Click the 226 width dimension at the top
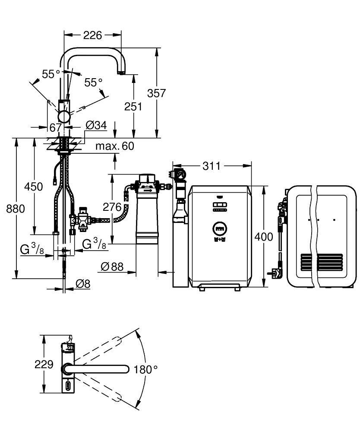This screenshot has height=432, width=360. (92, 35)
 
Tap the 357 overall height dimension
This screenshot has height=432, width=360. (156, 93)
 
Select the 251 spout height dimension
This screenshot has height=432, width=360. (133, 107)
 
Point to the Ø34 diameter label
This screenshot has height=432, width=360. (96, 125)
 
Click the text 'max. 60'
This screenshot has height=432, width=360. (115, 146)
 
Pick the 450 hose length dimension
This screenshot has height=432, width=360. (33, 187)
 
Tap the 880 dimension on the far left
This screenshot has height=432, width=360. (16, 209)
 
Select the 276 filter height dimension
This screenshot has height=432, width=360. (112, 207)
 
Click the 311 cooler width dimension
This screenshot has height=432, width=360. (212, 166)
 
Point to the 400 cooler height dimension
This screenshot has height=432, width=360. (264, 237)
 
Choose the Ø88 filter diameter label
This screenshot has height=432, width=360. (112, 267)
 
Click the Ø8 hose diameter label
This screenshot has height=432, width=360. (83, 284)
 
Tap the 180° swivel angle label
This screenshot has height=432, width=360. (145, 369)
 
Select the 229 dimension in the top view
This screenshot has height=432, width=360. (44, 365)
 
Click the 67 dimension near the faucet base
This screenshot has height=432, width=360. (55, 127)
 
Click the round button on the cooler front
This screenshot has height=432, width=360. (220, 229)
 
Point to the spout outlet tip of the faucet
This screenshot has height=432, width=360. (121, 73)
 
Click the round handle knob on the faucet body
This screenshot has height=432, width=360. (64, 116)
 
